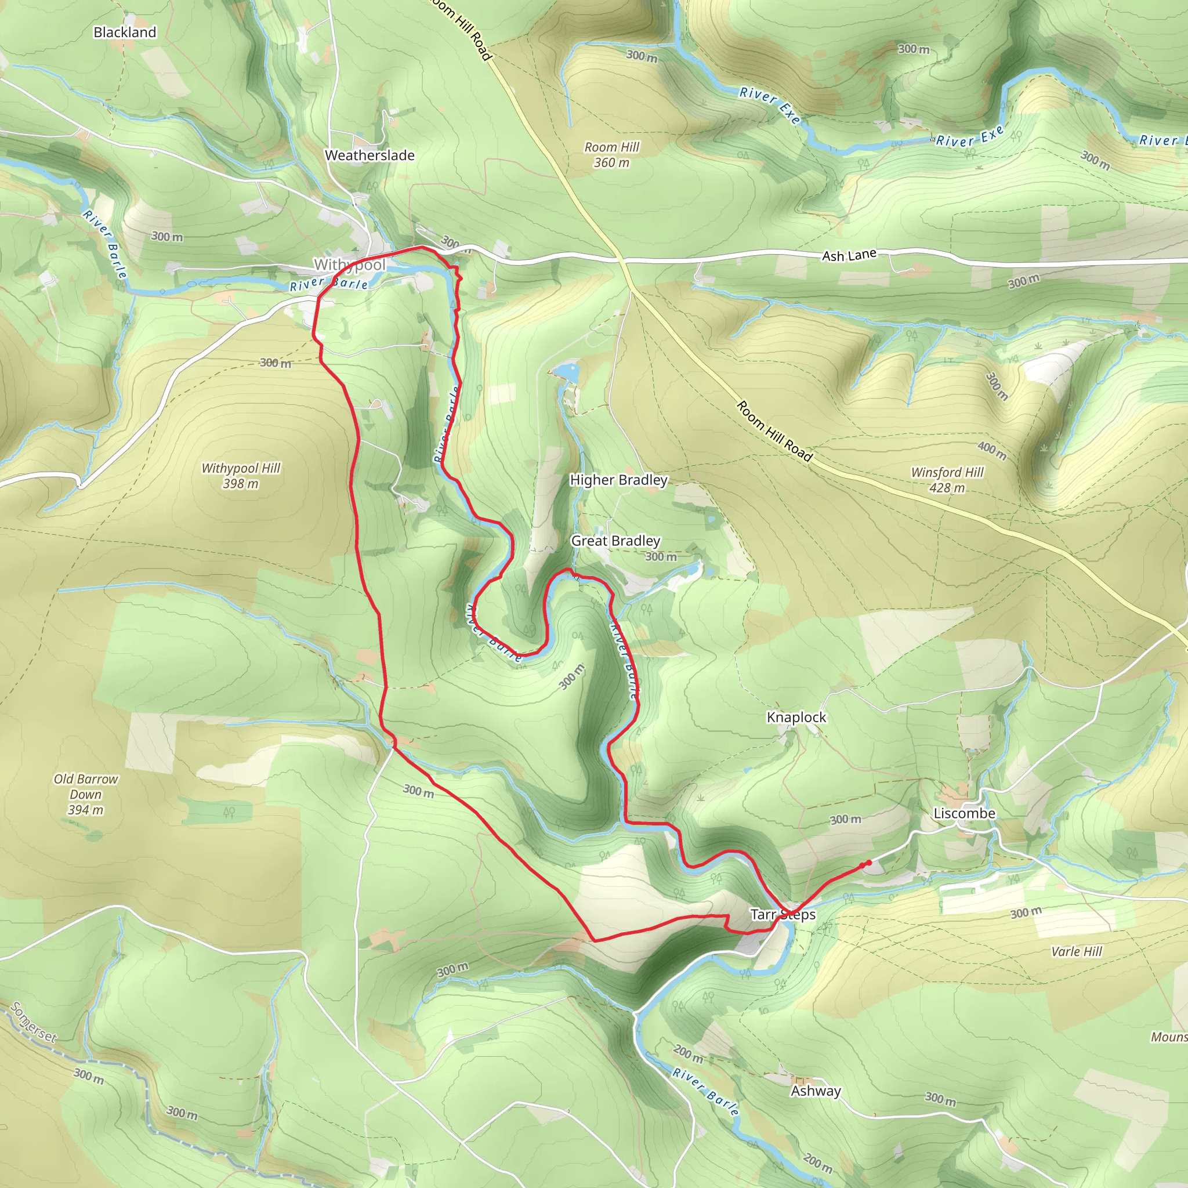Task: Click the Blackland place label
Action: pos(125,32)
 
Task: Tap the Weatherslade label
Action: pos(370,155)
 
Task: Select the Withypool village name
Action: pos(349,265)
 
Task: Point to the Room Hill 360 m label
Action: pos(611,155)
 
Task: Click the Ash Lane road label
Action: pos(849,255)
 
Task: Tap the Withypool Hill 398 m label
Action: pos(240,475)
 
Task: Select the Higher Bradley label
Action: pos(618,480)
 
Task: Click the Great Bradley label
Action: pos(615,541)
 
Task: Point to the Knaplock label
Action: pos(796,717)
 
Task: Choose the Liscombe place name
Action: pos(964,813)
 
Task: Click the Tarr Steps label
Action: pos(783,914)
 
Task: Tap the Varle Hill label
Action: pos(1076,951)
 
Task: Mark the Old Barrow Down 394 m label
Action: pos(85,794)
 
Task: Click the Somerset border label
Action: pos(34,1023)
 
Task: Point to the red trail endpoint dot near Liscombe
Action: pos(868,863)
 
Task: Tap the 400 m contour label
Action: pos(992,451)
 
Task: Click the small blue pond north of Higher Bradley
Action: pos(567,372)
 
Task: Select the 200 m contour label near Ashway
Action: pos(688,1054)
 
